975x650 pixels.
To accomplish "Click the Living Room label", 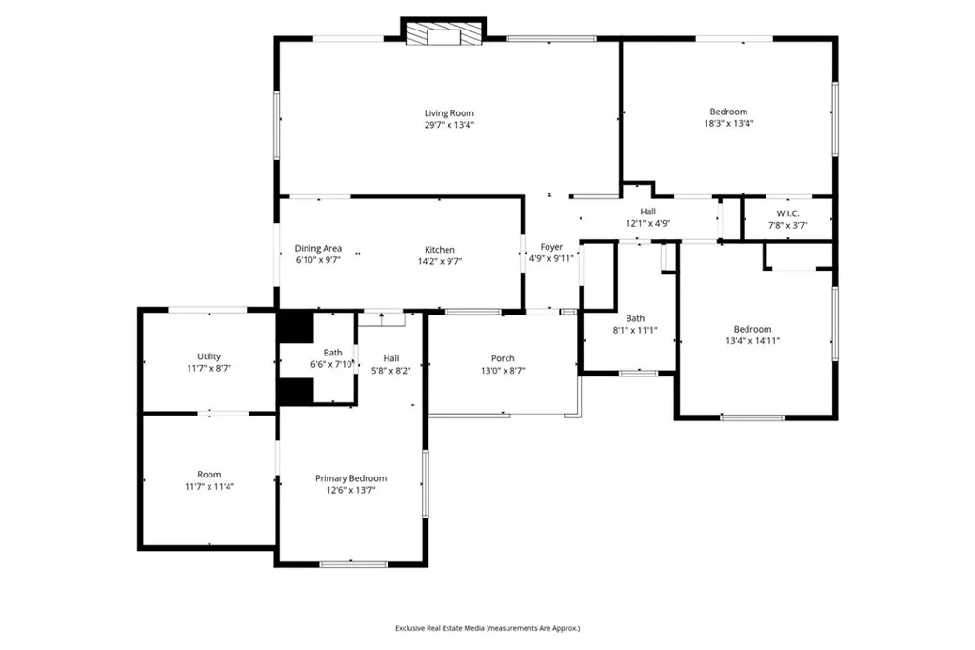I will click(448, 113).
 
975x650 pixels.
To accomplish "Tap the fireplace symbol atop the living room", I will click(443, 35).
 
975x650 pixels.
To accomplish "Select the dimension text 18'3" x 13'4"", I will click(728, 124).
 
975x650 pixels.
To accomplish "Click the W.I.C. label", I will click(787, 213).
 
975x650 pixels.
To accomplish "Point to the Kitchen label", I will click(439, 250).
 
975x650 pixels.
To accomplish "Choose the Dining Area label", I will click(318, 249).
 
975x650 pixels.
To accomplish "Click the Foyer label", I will click(551, 247).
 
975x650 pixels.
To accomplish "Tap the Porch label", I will click(503, 358).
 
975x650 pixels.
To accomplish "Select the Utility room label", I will click(209, 356).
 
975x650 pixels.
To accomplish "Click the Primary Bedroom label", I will click(351, 478).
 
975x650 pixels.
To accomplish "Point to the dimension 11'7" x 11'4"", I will click(209, 486).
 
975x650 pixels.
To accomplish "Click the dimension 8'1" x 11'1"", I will click(635, 331).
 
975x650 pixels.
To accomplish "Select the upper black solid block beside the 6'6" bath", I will click(295, 327).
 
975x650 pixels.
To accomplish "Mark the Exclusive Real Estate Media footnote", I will click(487, 628).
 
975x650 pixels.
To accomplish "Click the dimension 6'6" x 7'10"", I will click(332, 364).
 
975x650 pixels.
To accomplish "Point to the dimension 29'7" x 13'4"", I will click(448, 125).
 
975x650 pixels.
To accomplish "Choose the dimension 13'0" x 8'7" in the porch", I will click(503, 371).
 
